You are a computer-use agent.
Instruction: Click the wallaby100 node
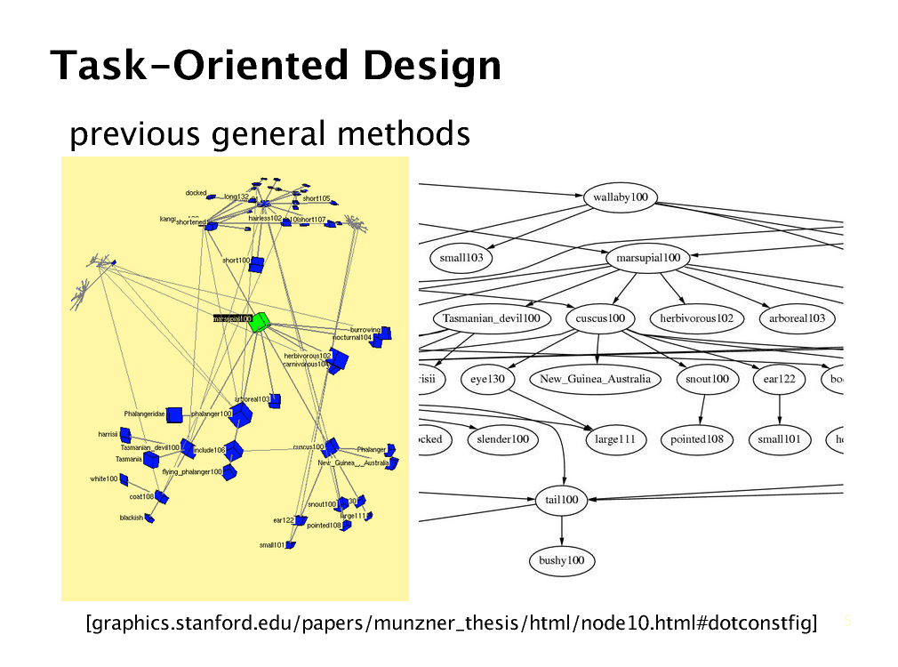tap(621, 198)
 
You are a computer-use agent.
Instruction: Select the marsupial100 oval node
tap(647, 258)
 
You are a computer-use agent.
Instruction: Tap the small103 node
tap(461, 258)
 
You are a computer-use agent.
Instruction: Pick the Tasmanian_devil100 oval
tap(491, 318)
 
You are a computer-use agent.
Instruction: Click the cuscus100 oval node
tap(600, 318)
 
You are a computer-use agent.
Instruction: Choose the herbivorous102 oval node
tap(696, 318)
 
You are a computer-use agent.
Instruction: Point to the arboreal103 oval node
tap(797, 318)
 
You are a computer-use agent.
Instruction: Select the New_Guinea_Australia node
tap(595, 379)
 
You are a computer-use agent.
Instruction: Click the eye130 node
tap(488, 379)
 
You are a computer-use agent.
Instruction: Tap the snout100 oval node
tap(707, 379)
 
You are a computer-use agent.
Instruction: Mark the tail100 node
tap(562, 500)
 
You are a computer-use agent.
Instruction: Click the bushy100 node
tap(562, 560)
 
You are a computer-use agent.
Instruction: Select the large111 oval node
tap(614, 439)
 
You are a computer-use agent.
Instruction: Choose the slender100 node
tap(502, 439)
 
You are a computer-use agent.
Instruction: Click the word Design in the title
tap(432, 66)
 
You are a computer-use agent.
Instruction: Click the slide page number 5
tap(847, 621)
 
